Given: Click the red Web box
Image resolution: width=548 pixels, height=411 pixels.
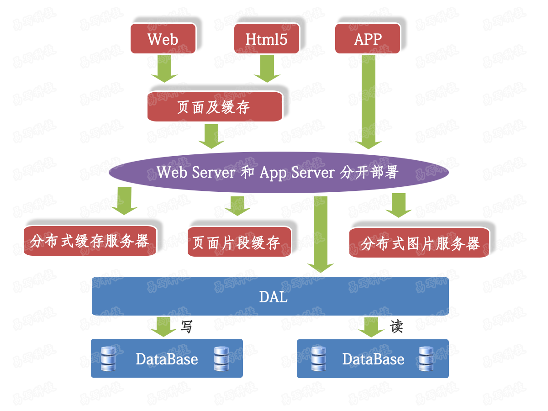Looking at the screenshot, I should click(x=163, y=39).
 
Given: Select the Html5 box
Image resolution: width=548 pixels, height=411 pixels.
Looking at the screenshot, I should click(x=267, y=39).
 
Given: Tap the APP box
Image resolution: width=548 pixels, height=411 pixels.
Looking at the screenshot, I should click(x=368, y=39).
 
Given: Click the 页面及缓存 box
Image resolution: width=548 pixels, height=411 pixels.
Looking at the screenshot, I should click(x=214, y=107).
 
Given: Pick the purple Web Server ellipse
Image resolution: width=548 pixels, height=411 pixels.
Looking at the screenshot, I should click(x=278, y=173).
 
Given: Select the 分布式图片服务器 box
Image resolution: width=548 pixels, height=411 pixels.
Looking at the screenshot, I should click(x=419, y=243).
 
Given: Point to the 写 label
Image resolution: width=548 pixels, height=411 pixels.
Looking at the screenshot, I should click(x=187, y=327).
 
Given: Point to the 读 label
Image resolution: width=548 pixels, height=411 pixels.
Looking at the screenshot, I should click(x=396, y=327).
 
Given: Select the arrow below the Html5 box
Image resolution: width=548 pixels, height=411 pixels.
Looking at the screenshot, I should click(x=267, y=68).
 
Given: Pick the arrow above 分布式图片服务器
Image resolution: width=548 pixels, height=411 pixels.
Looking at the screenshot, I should click(x=399, y=205).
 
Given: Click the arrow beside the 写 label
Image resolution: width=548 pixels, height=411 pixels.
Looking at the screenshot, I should click(x=163, y=327).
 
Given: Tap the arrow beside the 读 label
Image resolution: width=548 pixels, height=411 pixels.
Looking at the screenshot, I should click(x=371, y=327).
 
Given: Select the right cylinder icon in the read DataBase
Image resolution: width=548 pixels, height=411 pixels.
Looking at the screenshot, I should click(x=425, y=358).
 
